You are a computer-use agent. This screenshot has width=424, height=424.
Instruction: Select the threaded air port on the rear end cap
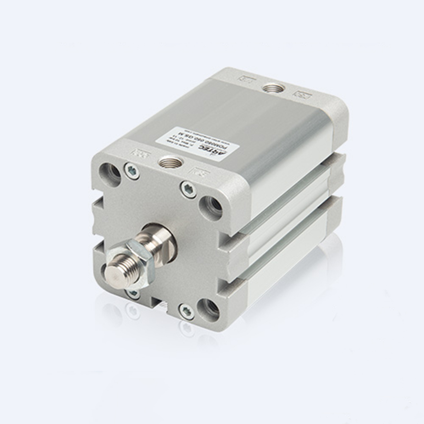[271, 88]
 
